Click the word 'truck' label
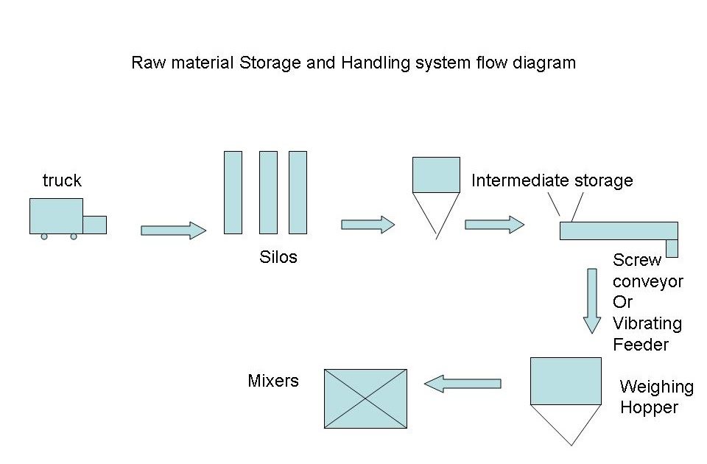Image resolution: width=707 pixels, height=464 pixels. click(62, 180)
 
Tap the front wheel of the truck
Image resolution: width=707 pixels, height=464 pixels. click(74, 236)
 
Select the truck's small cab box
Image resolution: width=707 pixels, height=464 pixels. click(94, 225)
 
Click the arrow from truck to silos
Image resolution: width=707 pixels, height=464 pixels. click(173, 231)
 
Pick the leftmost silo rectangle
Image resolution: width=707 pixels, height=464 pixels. click(233, 192)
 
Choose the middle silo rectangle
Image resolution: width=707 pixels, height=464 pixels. click(268, 192)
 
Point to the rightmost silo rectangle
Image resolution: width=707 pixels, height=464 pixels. click(298, 192)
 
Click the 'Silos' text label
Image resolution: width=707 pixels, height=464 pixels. click(278, 258)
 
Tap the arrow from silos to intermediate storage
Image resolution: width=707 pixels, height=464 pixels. click(367, 225)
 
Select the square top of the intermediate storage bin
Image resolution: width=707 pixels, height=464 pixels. click(436, 175)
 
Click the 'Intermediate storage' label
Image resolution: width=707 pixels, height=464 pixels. click(552, 180)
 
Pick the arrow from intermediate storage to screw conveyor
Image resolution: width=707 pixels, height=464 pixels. click(494, 225)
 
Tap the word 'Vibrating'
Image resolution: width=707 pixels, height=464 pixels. click(647, 323)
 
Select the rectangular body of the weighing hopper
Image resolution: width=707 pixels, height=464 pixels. click(566, 381)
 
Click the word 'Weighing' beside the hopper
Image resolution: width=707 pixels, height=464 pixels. click(656, 387)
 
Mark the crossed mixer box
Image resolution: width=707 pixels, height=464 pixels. click(365, 398)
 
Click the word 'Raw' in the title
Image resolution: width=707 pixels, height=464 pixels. click(146, 63)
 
